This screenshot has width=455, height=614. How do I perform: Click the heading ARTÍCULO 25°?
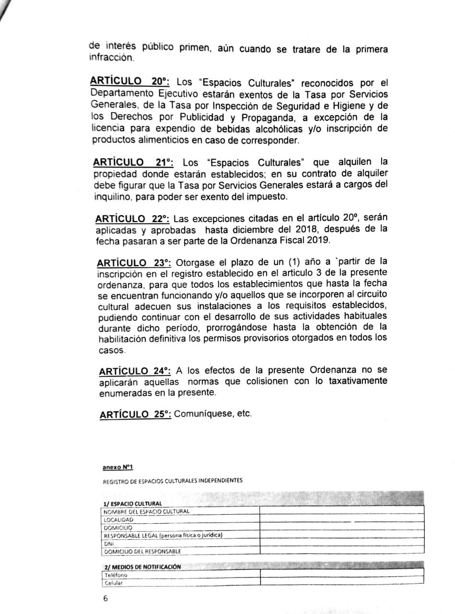[x=136, y=415]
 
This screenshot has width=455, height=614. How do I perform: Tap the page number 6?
[x=105, y=599]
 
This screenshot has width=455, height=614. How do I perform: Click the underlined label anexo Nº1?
[x=117, y=467]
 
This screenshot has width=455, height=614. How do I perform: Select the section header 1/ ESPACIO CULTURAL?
[x=132, y=504]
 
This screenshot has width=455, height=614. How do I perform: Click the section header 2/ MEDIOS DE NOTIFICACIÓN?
[x=142, y=567]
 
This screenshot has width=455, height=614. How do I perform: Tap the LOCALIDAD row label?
[x=118, y=520]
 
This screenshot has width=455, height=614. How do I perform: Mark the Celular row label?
[x=114, y=583]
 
